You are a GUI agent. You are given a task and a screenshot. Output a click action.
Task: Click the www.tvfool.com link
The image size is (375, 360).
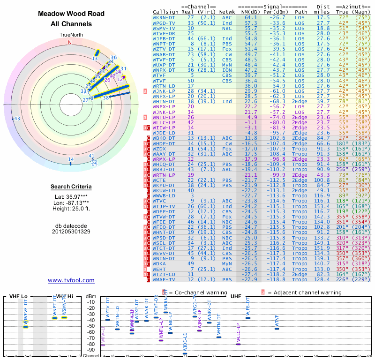point(71,280)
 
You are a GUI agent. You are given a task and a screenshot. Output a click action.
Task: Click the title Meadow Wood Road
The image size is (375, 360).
point(71,14)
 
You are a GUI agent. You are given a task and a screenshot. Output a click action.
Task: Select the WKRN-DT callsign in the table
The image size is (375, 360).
point(164,17)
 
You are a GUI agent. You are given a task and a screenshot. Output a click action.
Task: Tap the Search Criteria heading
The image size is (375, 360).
point(71,187)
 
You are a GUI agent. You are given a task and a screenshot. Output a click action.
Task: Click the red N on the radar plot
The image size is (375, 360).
point(70,42)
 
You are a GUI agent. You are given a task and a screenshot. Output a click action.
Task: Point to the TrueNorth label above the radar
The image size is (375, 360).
point(71,35)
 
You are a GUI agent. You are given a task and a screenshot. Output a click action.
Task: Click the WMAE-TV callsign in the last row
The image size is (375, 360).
point(164,280)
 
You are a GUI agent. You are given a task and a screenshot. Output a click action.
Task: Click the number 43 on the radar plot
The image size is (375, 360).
point(17,119)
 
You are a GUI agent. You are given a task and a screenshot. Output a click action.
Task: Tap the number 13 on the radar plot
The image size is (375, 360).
point(95,59)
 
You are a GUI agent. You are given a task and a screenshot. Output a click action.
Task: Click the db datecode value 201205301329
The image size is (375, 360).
point(71,232)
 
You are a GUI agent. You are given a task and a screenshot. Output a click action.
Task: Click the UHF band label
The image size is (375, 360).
point(236,296)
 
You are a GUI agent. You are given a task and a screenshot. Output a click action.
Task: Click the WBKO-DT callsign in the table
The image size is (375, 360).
point(164,138)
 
